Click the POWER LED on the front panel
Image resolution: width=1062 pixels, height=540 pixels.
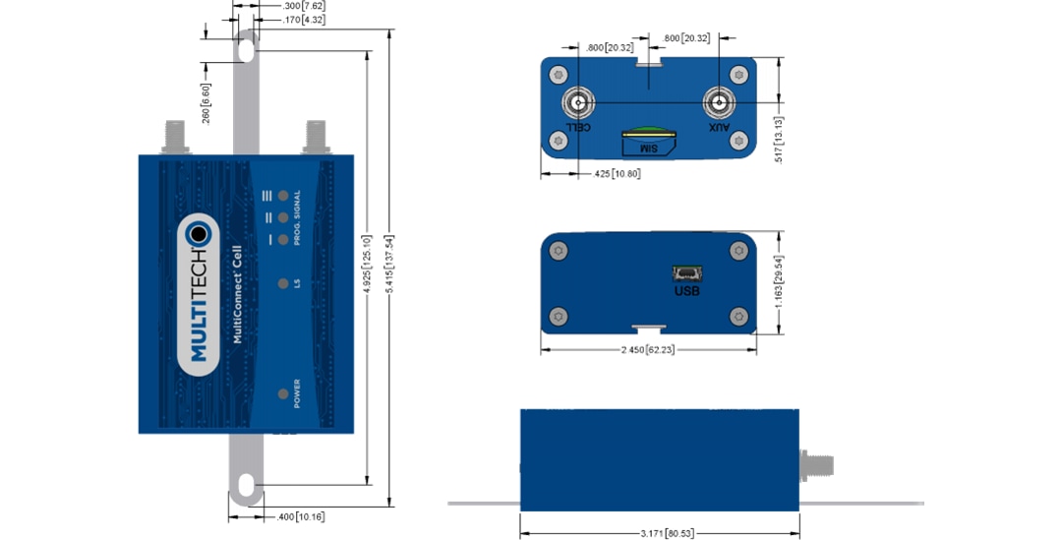283,394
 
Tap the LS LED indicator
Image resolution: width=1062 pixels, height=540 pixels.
283,284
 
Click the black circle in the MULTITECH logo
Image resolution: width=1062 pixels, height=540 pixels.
201,234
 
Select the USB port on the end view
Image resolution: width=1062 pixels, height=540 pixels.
686,272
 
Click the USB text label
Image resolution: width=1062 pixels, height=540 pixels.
687,291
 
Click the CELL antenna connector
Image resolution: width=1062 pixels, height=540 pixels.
577,103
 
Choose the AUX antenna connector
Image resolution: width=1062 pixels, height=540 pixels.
720,103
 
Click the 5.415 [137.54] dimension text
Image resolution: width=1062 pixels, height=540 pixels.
389,269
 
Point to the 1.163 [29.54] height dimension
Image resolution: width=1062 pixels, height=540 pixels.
779,283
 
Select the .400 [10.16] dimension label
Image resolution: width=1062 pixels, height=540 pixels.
297,515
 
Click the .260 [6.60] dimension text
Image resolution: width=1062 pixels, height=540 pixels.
206,103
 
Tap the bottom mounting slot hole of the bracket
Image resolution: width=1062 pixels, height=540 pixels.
246,483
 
